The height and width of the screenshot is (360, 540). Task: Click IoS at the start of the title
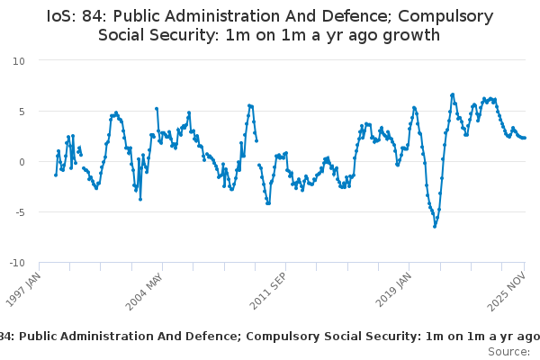59,16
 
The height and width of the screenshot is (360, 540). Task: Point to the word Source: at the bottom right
508,352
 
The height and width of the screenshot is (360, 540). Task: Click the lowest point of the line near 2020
435,226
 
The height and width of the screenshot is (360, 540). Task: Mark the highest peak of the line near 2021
453,94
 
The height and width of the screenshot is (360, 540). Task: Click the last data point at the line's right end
525,138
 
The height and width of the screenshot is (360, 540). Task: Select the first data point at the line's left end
56,175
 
